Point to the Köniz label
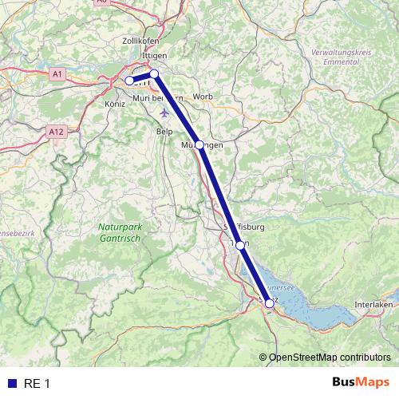pos(116,104)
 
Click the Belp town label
pos(164,131)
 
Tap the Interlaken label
pos(373,306)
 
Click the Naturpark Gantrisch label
pos(121,233)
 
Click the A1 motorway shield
pos(57,73)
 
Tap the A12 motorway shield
pos(55,131)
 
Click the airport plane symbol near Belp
pos(164,111)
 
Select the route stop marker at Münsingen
pos(199,145)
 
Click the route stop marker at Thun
pos(240,246)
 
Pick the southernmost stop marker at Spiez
pos(269,303)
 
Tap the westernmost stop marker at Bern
pos(129,81)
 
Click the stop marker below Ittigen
pos(155,74)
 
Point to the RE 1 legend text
pos(37,384)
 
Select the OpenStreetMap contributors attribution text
pos(330,357)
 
